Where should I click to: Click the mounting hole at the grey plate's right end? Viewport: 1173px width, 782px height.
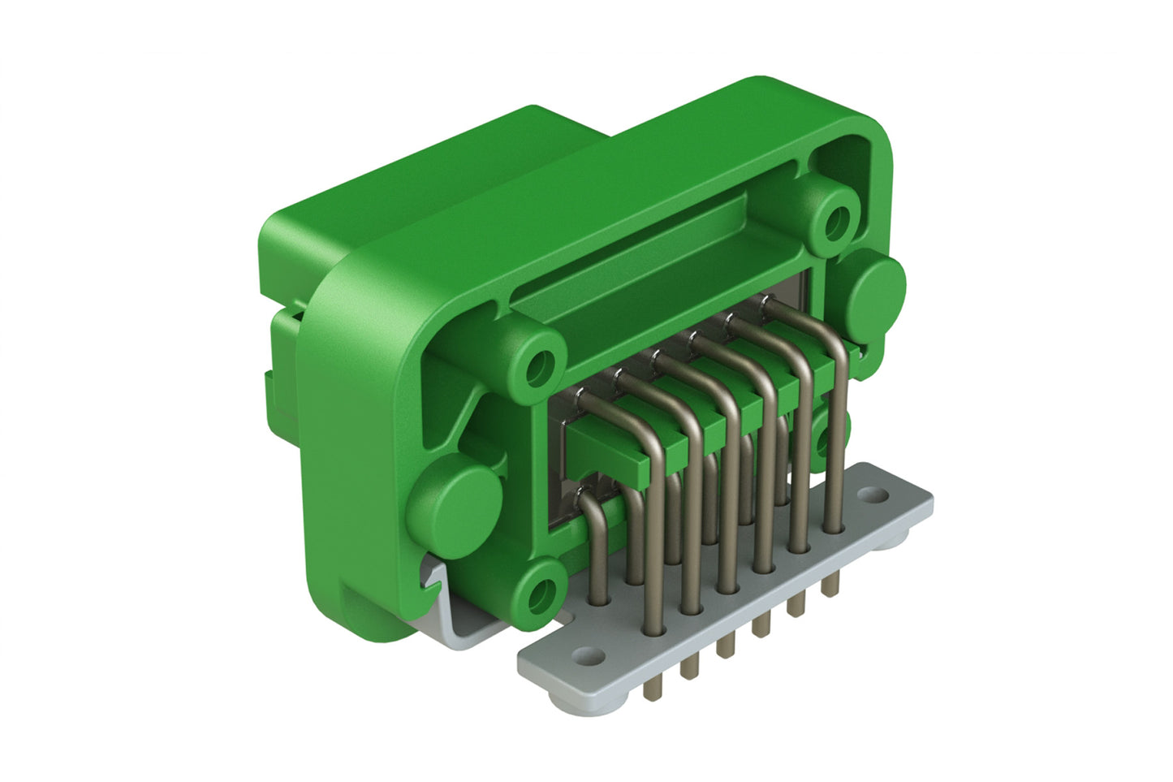pyautogui.click(x=873, y=494)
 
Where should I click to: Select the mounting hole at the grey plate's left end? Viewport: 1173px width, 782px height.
pyautogui.click(x=587, y=655)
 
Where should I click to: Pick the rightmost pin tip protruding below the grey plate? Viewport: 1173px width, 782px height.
pyautogui.click(x=829, y=584)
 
